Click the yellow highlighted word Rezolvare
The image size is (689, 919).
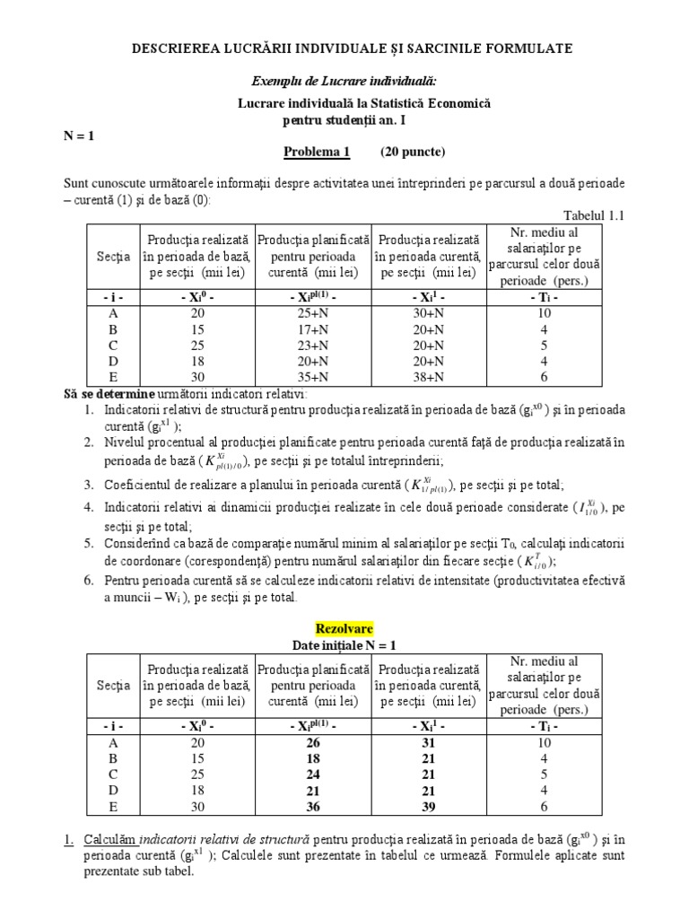point(344,629)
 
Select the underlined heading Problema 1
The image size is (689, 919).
point(317,151)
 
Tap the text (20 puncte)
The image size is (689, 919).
point(413,151)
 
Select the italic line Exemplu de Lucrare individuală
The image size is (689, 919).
point(344,81)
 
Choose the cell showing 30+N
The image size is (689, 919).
point(427,312)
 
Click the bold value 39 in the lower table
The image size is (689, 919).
point(427,805)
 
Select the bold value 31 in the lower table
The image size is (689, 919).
point(427,741)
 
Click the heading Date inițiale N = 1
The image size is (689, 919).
point(344,645)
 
